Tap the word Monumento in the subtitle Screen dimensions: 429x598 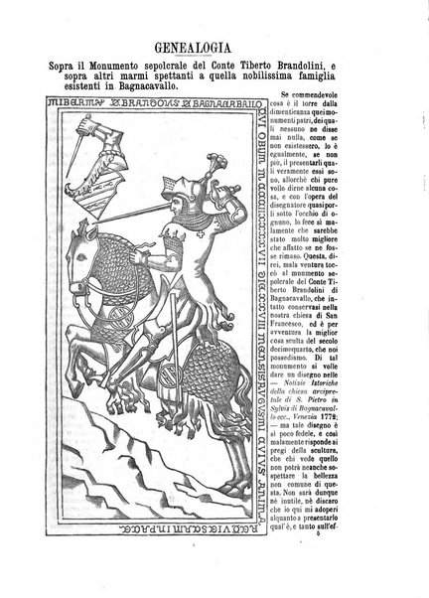117,67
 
